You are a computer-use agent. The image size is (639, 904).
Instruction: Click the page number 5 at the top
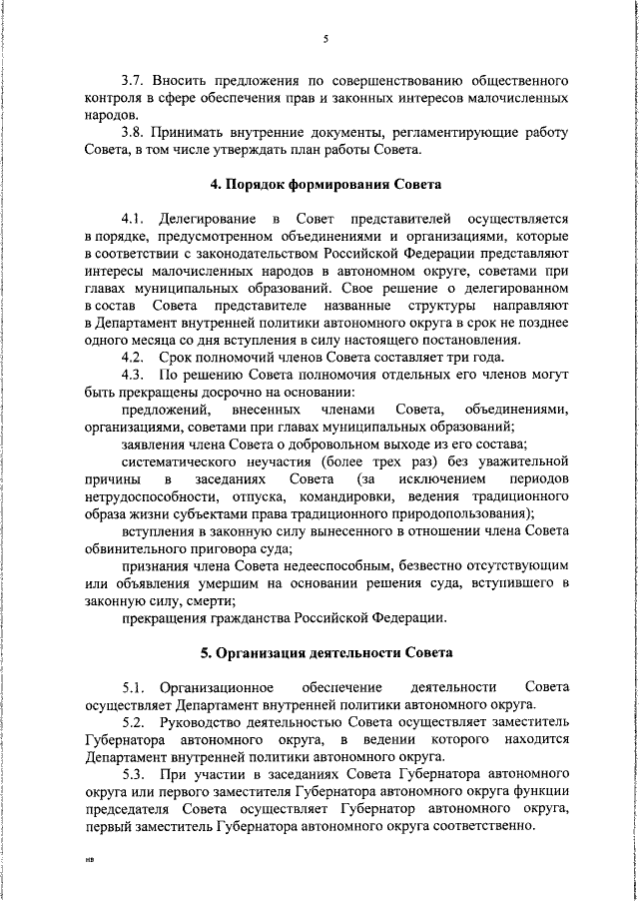pos(325,39)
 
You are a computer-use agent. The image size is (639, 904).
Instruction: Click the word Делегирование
pos(210,218)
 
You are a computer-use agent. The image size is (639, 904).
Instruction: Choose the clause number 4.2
pos(133,358)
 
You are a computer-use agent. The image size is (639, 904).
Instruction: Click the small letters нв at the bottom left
pos(89,858)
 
